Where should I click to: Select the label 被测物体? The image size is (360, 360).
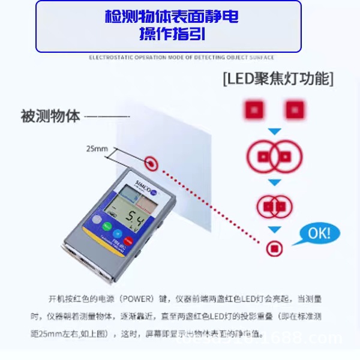click(50, 116)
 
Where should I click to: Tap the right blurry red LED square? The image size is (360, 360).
click(294, 110)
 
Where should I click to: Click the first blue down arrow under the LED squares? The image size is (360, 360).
click(274, 131)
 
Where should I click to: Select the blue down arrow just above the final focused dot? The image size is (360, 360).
click(274, 230)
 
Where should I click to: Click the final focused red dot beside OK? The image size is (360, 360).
click(275, 247)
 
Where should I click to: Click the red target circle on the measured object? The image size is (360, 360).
click(151, 162)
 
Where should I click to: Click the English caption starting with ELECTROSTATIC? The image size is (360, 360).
click(181, 58)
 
